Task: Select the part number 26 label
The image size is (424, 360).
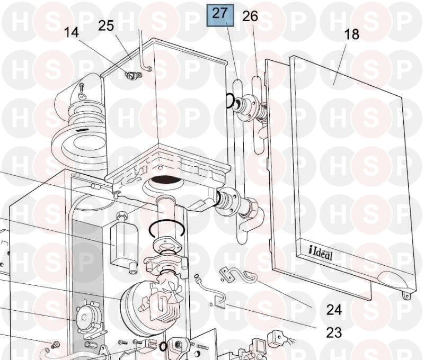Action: pos(250,16)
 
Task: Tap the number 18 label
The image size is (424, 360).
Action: pos(352,34)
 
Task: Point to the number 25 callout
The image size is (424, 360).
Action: pos(106,25)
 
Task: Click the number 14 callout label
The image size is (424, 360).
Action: pos(72,32)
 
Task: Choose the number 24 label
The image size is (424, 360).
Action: pos(334,310)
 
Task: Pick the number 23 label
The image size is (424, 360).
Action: pos(334,332)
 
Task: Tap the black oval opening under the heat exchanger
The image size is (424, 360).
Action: pos(165,179)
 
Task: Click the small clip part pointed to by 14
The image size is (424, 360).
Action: pos(134,76)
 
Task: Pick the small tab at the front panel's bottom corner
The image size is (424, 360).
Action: pos(405,296)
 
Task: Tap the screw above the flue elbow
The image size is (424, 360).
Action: pos(82,87)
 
